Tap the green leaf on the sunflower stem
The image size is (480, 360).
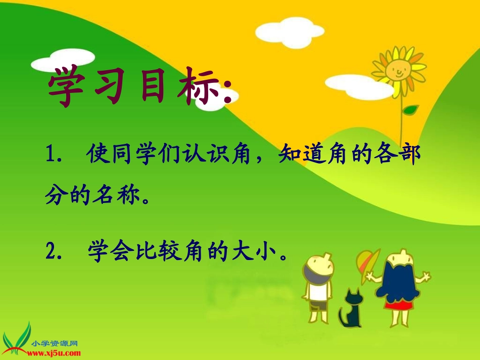410,109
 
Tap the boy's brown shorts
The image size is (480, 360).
318,305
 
